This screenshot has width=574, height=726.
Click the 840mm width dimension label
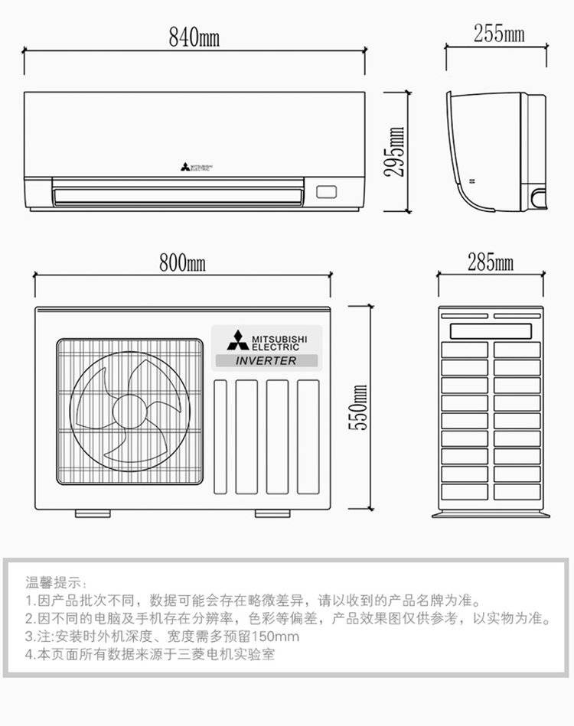[194, 35]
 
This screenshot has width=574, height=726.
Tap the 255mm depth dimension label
[498, 34]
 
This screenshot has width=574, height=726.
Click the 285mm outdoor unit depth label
[491, 262]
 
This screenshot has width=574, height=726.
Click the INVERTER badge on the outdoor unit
[266, 360]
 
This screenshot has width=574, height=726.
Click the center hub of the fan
[128, 412]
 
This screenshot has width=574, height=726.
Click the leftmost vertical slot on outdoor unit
[220, 436]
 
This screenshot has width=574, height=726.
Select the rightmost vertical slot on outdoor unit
[308, 436]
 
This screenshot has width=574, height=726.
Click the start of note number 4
[31, 655]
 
